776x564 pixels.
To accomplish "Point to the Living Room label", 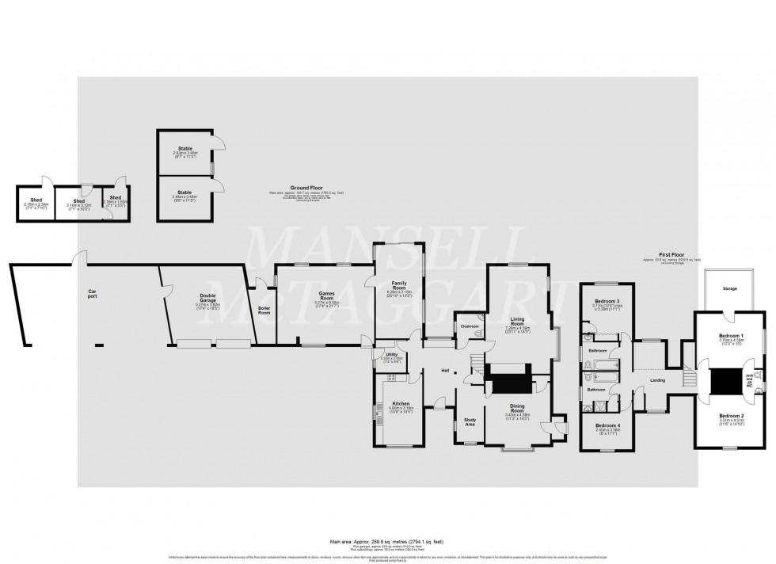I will (517, 319).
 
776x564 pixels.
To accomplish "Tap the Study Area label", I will (469, 421).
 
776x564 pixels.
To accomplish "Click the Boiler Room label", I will (264, 311).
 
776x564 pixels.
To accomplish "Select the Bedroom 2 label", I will (731, 416).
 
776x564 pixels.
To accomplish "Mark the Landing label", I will (657, 381).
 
